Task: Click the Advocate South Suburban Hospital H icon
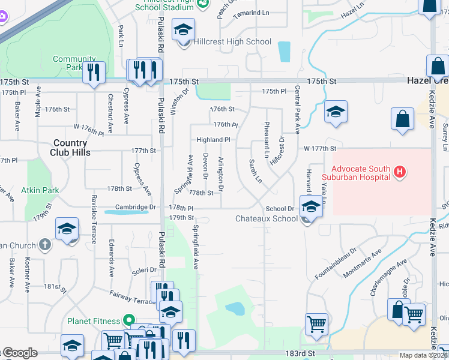pos(400,173)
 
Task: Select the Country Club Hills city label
pos(71,148)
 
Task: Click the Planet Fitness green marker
pos(127,320)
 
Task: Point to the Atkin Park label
pos(40,190)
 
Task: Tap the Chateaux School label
pos(266,218)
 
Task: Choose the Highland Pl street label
pos(214,140)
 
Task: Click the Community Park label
pos(74,63)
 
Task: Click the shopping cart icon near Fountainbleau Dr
pos(316,324)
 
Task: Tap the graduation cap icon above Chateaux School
pos(310,207)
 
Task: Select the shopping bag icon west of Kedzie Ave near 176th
pos(402,119)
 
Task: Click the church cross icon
pos(45,244)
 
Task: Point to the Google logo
pos(20,353)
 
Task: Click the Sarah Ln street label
pos(256,172)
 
